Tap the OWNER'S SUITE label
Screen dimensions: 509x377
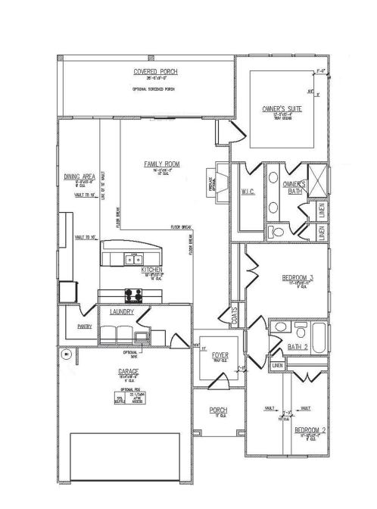tap(282, 110)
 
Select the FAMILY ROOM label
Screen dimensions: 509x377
tap(162, 164)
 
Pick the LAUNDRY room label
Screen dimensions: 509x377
tap(122, 311)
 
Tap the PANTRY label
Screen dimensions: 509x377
tap(85, 327)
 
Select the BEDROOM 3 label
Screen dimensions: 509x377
tap(296, 279)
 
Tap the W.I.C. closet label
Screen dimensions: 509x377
tap(248, 192)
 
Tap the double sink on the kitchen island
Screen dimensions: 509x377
tap(132, 260)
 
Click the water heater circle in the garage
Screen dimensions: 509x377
tap(67, 354)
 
